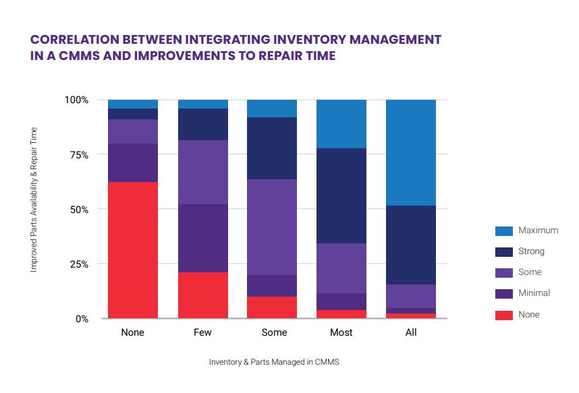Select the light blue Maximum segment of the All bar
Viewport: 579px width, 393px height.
(x=411, y=152)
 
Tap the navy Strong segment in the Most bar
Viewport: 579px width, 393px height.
(x=341, y=195)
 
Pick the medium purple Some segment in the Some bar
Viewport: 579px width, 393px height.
(x=272, y=226)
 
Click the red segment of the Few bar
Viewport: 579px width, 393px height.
(x=202, y=295)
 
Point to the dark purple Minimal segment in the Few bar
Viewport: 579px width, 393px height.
(x=202, y=238)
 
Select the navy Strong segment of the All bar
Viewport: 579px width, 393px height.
(x=411, y=245)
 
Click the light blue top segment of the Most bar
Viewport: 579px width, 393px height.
(x=341, y=124)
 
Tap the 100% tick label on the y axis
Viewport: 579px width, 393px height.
(x=76, y=100)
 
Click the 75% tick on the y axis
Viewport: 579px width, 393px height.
(x=79, y=154)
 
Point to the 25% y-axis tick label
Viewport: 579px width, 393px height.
(x=79, y=264)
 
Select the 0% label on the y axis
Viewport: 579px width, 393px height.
(x=81, y=318)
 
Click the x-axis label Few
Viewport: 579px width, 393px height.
(x=202, y=332)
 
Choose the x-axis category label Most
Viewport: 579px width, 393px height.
(x=341, y=332)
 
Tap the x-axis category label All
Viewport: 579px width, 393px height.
(x=411, y=332)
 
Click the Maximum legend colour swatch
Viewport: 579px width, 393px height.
(x=503, y=231)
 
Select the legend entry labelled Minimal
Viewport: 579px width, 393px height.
(x=534, y=293)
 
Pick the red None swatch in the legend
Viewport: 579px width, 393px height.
(x=503, y=314)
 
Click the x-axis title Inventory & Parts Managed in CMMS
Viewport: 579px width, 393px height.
(x=274, y=362)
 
